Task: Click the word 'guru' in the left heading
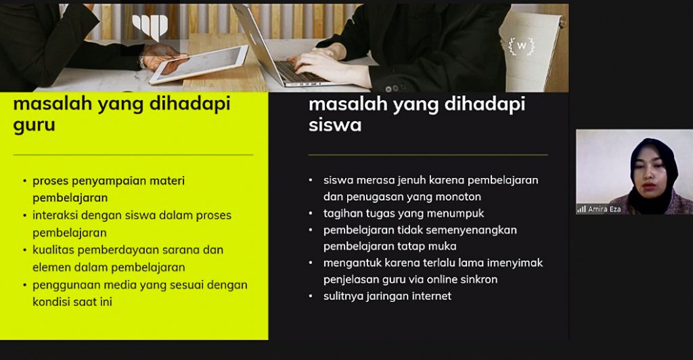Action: [34, 126]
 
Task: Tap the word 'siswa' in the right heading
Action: [335, 125]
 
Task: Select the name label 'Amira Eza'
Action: [604, 209]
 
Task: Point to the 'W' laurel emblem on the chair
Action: [522, 46]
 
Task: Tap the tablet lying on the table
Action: [198, 64]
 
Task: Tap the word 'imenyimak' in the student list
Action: [515, 263]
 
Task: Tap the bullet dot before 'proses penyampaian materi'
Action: [25, 181]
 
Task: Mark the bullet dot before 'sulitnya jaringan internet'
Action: [311, 296]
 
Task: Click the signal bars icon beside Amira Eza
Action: [581, 209]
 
